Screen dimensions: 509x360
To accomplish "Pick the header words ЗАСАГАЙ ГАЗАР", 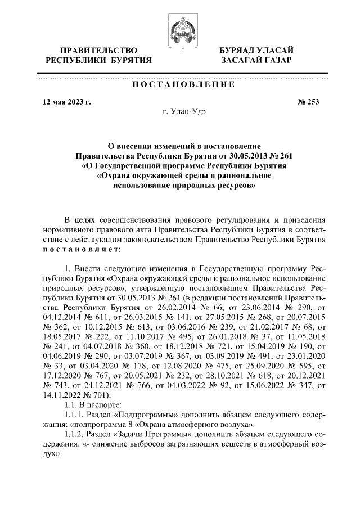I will (256, 61).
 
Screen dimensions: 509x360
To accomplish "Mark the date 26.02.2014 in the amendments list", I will (177, 308).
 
